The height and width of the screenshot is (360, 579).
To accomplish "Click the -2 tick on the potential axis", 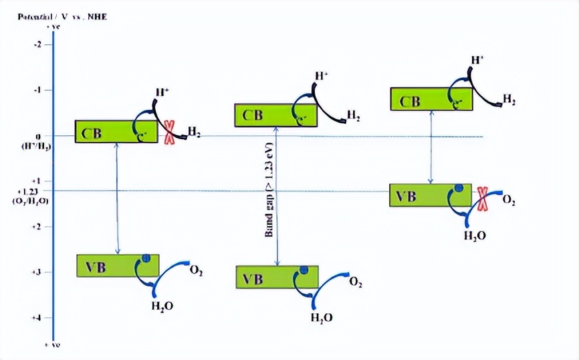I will (38, 44).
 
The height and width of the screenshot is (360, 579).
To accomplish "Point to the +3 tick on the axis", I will (37, 272).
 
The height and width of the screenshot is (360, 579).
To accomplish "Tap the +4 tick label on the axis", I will (37, 317).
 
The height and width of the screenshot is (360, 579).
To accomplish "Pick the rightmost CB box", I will (431, 100).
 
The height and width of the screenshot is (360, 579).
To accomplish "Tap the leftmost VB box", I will (118, 266).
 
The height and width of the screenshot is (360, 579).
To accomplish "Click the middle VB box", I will (277, 277).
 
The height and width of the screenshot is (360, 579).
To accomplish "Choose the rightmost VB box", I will (430, 195).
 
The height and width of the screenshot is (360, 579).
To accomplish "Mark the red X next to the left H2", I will (170, 132).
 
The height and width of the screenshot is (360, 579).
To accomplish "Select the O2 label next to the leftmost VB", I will (197, 272).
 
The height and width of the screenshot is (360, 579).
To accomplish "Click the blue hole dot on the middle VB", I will (304, 270).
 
